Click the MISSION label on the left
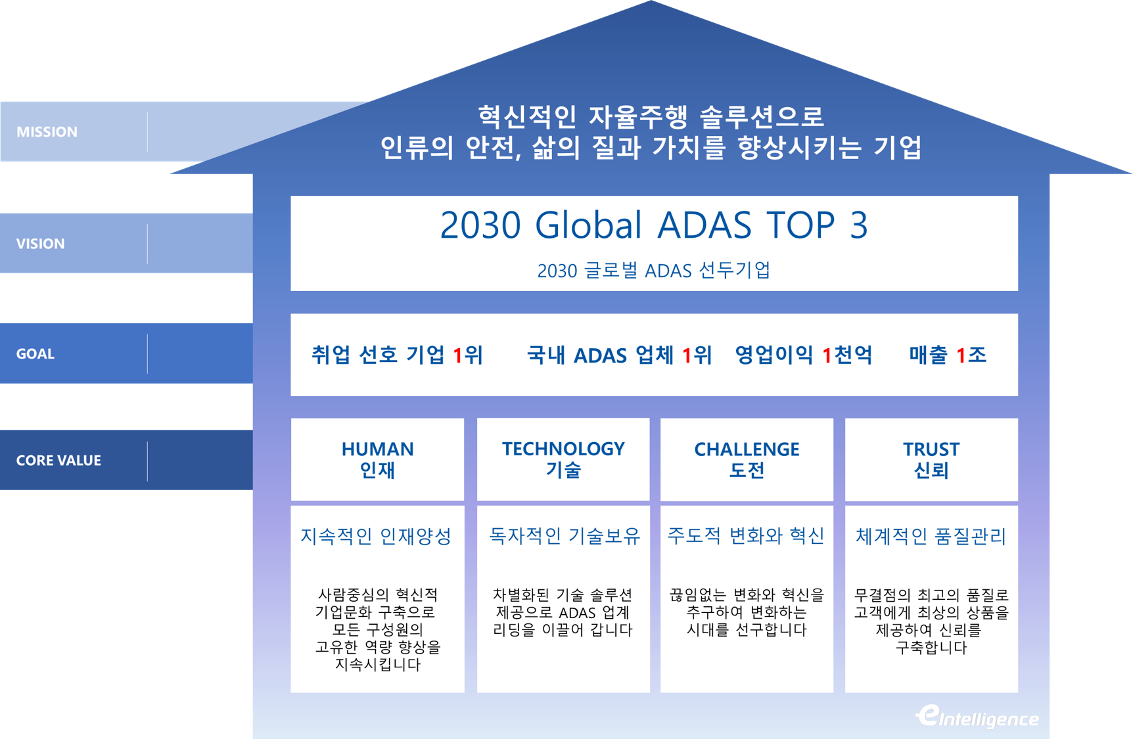tap(47, 132)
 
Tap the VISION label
tap(40, 244)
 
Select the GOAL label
tap(35, 354)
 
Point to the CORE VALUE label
tap(58, 460)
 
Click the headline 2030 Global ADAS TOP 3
tap(654, 225)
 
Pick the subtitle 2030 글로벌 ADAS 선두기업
tap(654, 271)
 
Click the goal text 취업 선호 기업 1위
tap(397, 355)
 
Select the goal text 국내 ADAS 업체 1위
tap(619, 355)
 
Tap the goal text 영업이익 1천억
tap(803, 355)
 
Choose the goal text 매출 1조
tap(948, 355)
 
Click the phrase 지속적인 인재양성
tap(376, 537)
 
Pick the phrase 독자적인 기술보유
tap(565, 537)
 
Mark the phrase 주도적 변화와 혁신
tap(746, 536)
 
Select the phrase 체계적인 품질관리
tap(931, 537)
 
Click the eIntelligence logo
tap(977, 717)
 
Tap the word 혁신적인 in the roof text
tap(527, 118)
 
